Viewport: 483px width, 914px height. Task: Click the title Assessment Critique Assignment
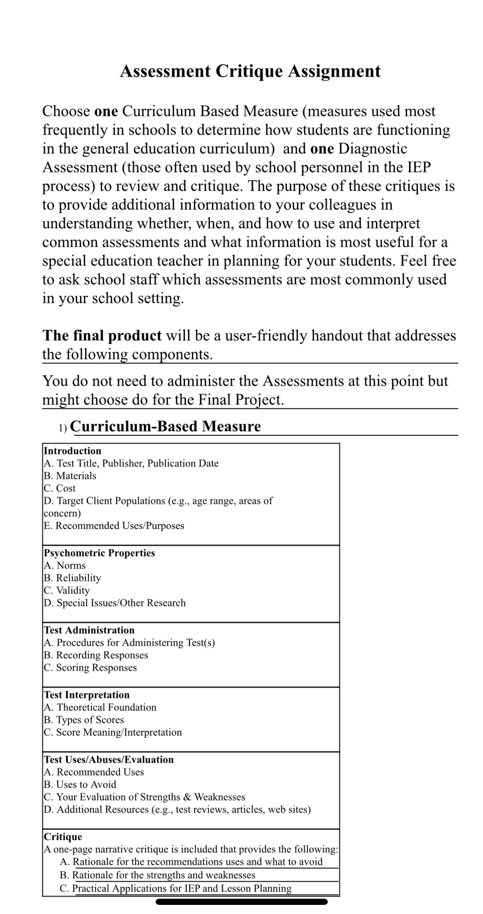coord(250,71)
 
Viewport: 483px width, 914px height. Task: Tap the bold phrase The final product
coord(102,335)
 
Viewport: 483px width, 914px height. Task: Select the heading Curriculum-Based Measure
coord(166,426)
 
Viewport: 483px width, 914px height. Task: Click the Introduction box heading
coord(73,451)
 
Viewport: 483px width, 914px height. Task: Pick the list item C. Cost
coord(60,488)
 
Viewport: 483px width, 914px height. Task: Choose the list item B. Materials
coord(70,476)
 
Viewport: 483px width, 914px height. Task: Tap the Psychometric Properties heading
coord(99,553)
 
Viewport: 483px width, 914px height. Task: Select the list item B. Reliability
coord(72,578)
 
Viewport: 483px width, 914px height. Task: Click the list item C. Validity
coord(66,590)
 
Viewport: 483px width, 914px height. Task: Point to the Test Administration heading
coord(89,630)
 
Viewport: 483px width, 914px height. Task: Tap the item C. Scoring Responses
coord(90,668)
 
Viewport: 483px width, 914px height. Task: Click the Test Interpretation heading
coord(87,695)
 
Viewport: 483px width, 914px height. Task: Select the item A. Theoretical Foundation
coord(100,707)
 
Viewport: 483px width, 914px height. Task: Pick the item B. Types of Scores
coord(84,720)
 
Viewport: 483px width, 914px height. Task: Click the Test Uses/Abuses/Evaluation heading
coord(109,759)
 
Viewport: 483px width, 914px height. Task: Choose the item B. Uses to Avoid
coord(80,784)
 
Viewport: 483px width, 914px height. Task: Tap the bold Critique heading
coord(63,837)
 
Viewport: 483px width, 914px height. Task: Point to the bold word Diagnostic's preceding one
coord(322,149)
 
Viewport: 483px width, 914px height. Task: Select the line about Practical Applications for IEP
coord(175,888)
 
